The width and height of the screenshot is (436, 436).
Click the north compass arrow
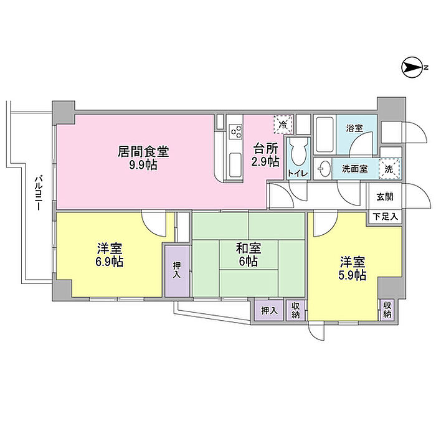413,67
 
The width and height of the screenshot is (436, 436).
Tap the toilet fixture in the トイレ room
296,150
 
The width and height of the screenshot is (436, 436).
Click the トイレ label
296,174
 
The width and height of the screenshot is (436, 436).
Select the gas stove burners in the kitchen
235,131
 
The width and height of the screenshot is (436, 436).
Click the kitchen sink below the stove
236,163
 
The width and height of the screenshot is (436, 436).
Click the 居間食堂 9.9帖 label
144,158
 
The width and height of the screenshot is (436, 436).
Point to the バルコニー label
38,194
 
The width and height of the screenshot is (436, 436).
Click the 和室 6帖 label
248,255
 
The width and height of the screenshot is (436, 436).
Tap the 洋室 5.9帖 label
353,267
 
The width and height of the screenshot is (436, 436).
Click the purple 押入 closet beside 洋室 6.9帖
176,270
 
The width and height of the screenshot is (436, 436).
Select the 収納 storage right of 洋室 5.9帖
387,309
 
